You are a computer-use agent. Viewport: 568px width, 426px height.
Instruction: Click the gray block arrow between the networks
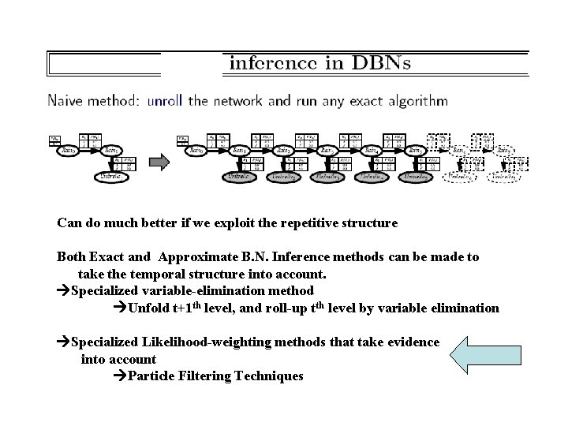pyautogui.click(x=160, y=163)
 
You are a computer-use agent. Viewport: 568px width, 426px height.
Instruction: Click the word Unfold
pyautogui.click(x=148, y=308)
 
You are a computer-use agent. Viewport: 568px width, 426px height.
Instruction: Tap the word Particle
pyautogui.click(x=151, y=376)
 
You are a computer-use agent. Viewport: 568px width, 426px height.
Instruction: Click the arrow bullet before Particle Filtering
pyautogui.click(x=119, y=376)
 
